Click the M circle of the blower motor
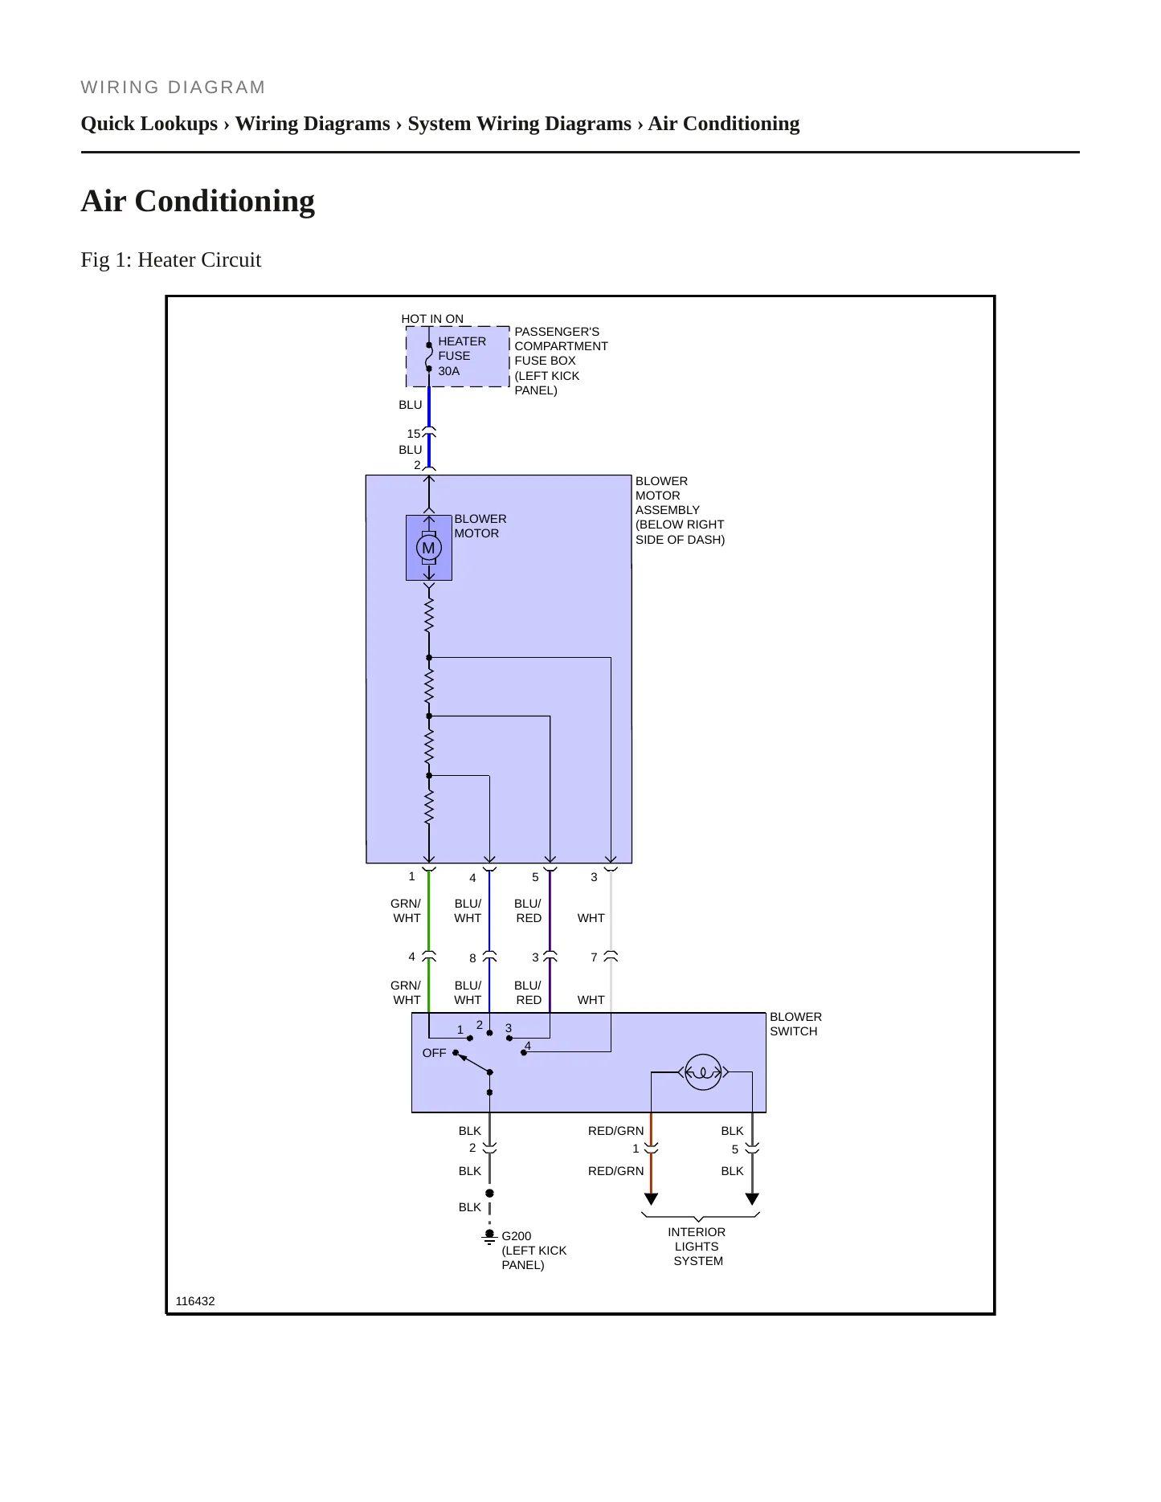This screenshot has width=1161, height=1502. point(428,548)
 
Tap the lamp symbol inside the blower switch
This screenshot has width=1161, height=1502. point(703,1071)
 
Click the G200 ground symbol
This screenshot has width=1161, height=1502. point(489,1238)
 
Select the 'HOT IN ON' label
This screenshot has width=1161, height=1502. point(432,319)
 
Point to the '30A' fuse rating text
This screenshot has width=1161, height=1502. point(449,371)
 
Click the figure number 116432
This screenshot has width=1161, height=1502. point(195,1301)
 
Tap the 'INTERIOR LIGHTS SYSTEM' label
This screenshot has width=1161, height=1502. point(697,1247)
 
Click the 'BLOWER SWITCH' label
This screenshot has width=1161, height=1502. point(795,1024)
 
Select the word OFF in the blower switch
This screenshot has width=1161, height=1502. point(434,1053)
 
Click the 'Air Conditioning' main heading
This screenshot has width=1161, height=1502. point(198,201)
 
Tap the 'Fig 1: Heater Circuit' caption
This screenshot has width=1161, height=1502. point(171,259)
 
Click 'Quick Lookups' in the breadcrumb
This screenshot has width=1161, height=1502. point(149,124)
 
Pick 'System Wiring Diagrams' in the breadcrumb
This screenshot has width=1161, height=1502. point(520,124)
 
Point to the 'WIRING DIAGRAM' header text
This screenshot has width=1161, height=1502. point(173,87)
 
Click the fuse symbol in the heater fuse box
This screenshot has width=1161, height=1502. point(429,357)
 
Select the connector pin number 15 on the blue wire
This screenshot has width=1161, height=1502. point(413,434)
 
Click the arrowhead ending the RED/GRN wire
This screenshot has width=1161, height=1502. point(651,1199)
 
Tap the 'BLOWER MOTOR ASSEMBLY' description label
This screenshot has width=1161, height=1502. point(680,510)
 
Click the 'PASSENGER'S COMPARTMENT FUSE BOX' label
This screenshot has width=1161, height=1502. point(561,361)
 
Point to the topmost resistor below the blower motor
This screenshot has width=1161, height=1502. point(429,615)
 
